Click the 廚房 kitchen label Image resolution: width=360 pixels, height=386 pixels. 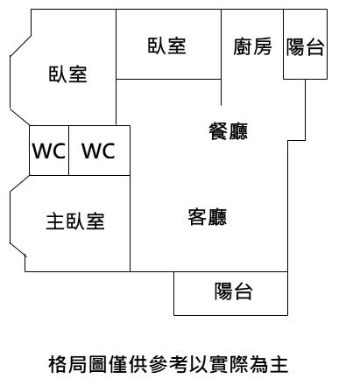[252, 46]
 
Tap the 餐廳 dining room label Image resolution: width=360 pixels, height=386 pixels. [229, 131]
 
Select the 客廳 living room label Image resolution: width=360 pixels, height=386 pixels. [208, 217]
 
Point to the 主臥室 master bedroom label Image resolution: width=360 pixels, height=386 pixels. [75, 221]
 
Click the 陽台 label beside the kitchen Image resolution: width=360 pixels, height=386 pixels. [305, 46]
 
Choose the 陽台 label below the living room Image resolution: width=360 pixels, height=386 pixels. [233, 291]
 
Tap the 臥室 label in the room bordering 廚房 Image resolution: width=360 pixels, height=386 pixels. [166, 46]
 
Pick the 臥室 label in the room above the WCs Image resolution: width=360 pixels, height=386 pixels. [67, 74]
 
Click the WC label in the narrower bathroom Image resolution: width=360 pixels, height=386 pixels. [49, 151]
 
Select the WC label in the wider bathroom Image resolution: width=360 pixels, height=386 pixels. [99, 151]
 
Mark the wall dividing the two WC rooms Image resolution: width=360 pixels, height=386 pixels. [68, 151]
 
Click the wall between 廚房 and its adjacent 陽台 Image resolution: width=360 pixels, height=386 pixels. [283, 44]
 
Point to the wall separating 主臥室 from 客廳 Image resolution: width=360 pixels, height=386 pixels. [130, 223]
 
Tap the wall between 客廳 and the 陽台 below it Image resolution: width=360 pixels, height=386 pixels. [230, 271]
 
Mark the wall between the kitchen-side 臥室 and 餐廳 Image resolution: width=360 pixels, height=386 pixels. [168, 79]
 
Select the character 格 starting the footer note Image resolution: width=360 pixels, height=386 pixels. [57, 364]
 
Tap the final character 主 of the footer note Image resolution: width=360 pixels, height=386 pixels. [279, 364]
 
